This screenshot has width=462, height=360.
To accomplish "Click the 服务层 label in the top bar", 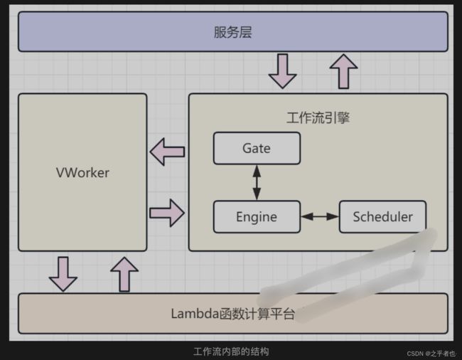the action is click(232, 32).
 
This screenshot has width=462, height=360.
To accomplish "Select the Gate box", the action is click(257, 148).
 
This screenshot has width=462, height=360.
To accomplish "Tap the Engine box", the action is click(257, 217).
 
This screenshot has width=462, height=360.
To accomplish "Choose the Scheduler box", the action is click(382, 217).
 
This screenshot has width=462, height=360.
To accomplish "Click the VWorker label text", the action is click(82, 173).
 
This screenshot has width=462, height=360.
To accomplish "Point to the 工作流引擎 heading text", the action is click(318, 118).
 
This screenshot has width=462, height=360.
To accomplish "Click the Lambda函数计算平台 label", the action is click(232, 314).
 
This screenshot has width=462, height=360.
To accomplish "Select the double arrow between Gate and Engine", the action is click(257, 183).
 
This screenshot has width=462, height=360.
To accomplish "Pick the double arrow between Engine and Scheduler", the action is click(320, 217).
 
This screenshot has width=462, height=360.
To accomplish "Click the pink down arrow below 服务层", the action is click(283, 71).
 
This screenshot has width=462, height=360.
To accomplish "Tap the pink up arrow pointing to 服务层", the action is click(343, 71).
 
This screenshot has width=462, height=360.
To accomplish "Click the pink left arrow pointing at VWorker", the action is click(167, 152).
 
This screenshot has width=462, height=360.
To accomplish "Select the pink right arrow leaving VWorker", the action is click(167, 213).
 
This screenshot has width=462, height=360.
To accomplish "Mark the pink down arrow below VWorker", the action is click(63, 274).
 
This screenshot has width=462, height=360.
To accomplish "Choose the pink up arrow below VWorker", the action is click(124, 274).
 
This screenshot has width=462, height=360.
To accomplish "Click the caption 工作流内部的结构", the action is click(231, 351).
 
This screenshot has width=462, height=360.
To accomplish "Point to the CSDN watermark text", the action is click(431, 354).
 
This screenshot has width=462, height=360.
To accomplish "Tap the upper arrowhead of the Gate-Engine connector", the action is click(257, 171).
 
